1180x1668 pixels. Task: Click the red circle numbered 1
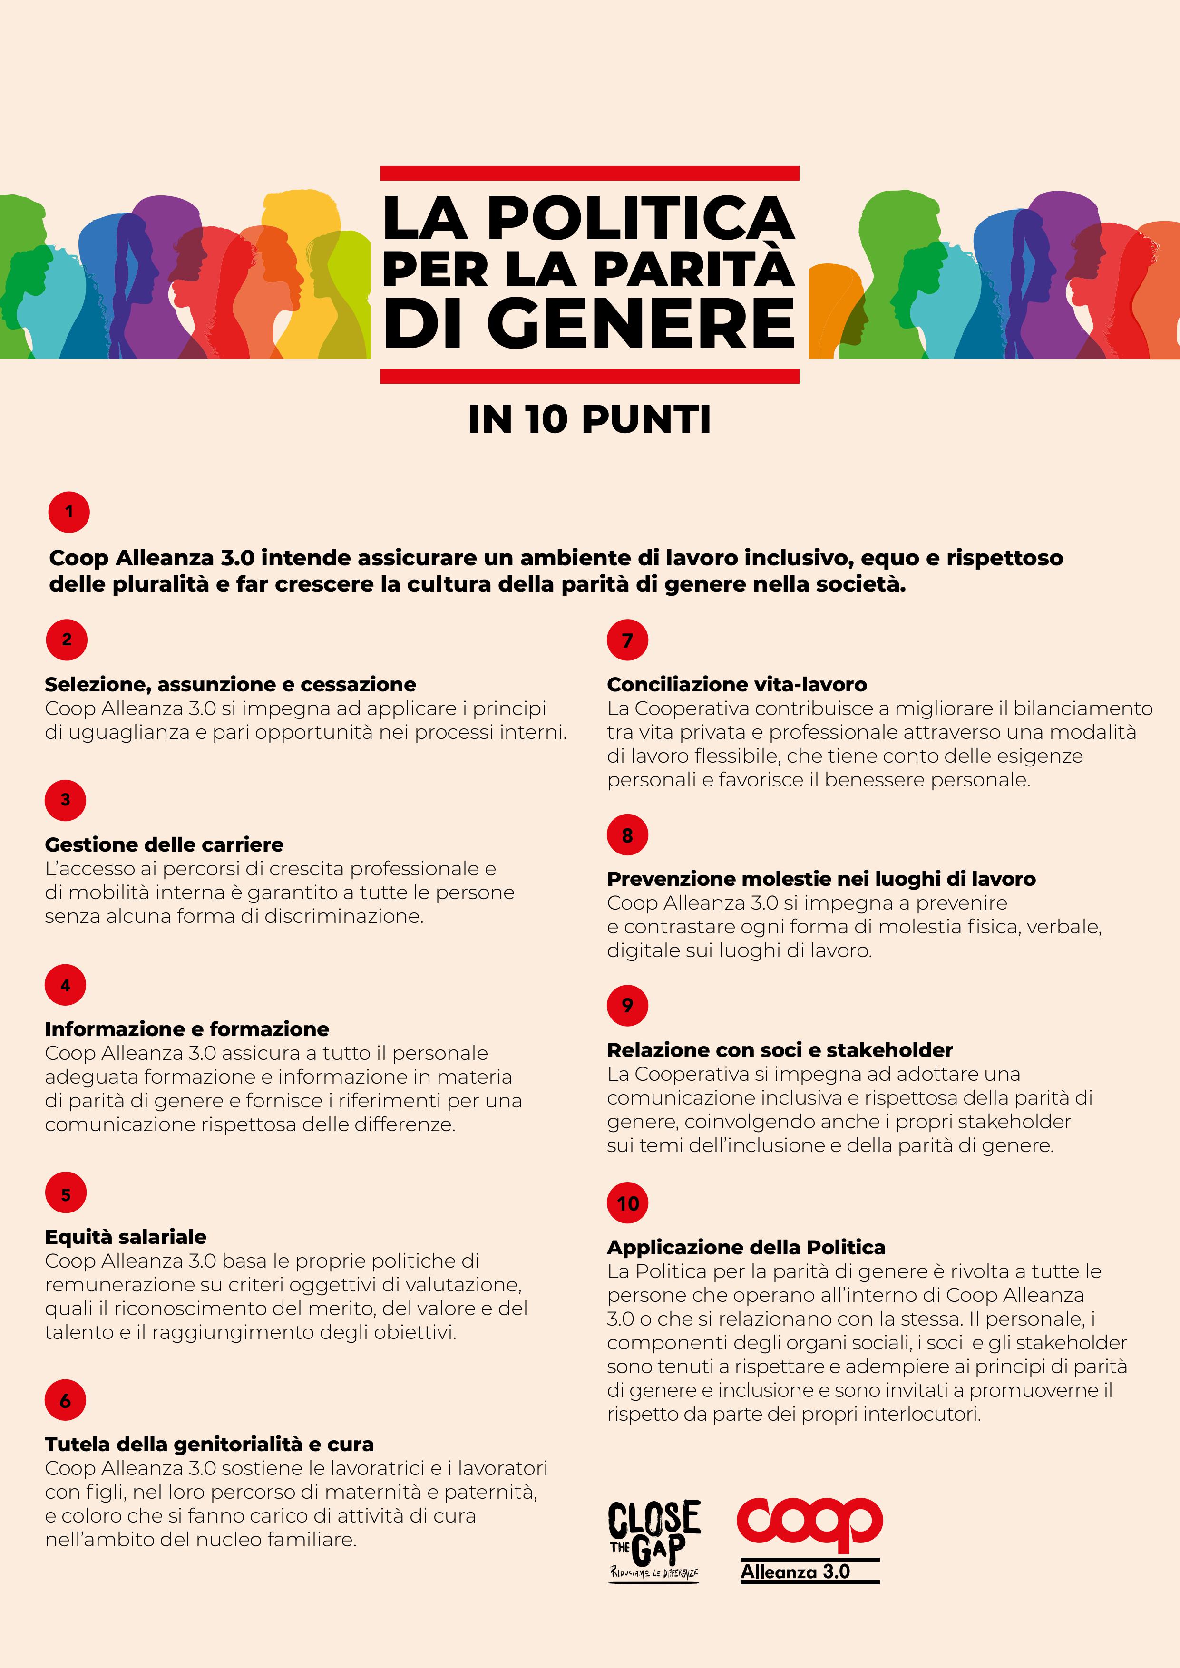tap(69, 512)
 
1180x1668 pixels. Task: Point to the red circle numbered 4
tap(65, 985)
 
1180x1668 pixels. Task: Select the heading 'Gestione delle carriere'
tap(164, 844)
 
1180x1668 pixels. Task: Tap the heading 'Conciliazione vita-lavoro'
tap(737, 684)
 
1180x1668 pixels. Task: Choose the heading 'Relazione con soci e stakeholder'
tap(780, 1050)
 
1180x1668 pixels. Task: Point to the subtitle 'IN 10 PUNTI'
tap(589, 419)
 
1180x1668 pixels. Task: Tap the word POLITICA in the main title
tap(639, 217)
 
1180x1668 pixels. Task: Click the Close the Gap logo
tap(654, 1541)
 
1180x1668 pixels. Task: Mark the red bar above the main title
tap(589, 173)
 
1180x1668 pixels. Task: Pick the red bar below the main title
tap(589, 376)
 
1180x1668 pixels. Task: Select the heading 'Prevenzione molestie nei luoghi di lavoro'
tap(821, 879)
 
